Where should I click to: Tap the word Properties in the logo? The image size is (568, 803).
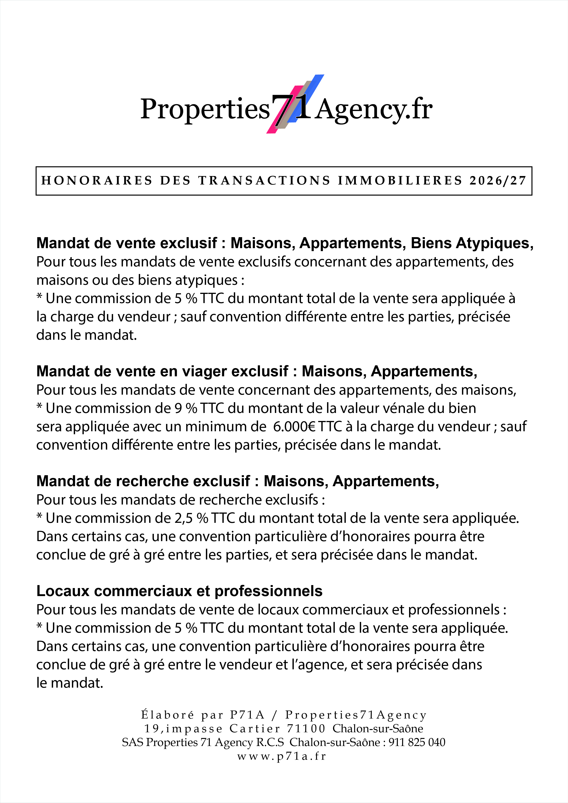click(205, 109)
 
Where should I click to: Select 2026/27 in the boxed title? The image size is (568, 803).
click(498, 181)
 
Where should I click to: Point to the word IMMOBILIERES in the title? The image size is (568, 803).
click(400, 181)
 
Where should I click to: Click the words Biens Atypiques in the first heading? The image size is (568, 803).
click(471, 243)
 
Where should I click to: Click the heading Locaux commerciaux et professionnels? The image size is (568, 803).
click(179, 591)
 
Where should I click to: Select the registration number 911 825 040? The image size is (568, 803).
click(417, 742)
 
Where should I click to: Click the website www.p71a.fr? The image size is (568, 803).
click(282, 756)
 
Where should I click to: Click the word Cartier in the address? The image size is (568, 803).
click(254, 729)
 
